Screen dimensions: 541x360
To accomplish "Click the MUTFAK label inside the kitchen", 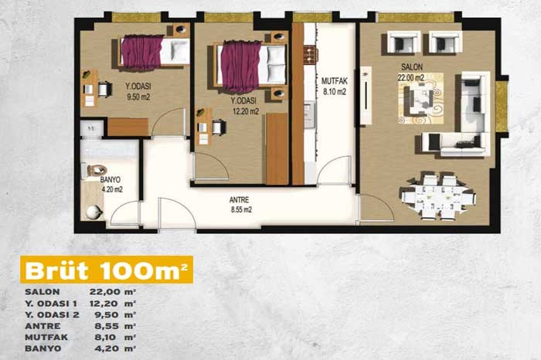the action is coord(335,81).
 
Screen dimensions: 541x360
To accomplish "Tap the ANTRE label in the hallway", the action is coord(239,199).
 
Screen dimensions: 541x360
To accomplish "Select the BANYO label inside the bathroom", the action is coord(111,180).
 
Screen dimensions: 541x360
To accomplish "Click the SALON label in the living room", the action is coord(412,67).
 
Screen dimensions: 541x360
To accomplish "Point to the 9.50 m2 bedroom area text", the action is coord(138,97).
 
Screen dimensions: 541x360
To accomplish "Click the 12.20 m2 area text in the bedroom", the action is coord(246,111).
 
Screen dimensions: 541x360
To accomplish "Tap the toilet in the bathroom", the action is coord(94,170).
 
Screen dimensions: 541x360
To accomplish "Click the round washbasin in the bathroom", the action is coord(94,212).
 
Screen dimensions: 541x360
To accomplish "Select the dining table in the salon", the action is coord(438,197).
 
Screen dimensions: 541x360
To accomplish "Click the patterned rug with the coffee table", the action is coord(420,98).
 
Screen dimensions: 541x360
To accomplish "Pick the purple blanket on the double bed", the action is coord(240,66).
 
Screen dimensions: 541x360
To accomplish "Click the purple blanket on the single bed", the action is coord(141,52).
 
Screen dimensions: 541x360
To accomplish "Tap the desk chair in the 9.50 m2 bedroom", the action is coord(104,89).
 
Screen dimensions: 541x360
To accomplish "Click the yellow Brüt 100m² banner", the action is coord(107,270).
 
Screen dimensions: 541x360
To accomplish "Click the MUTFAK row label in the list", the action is coord(46,337).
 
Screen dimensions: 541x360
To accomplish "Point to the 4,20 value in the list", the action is coord(107,348).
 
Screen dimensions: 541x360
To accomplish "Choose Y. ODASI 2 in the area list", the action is coord(52,314).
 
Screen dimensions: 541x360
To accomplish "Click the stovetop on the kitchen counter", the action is coord(311,55).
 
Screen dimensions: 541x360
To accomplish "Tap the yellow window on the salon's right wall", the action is coord(501,106).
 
